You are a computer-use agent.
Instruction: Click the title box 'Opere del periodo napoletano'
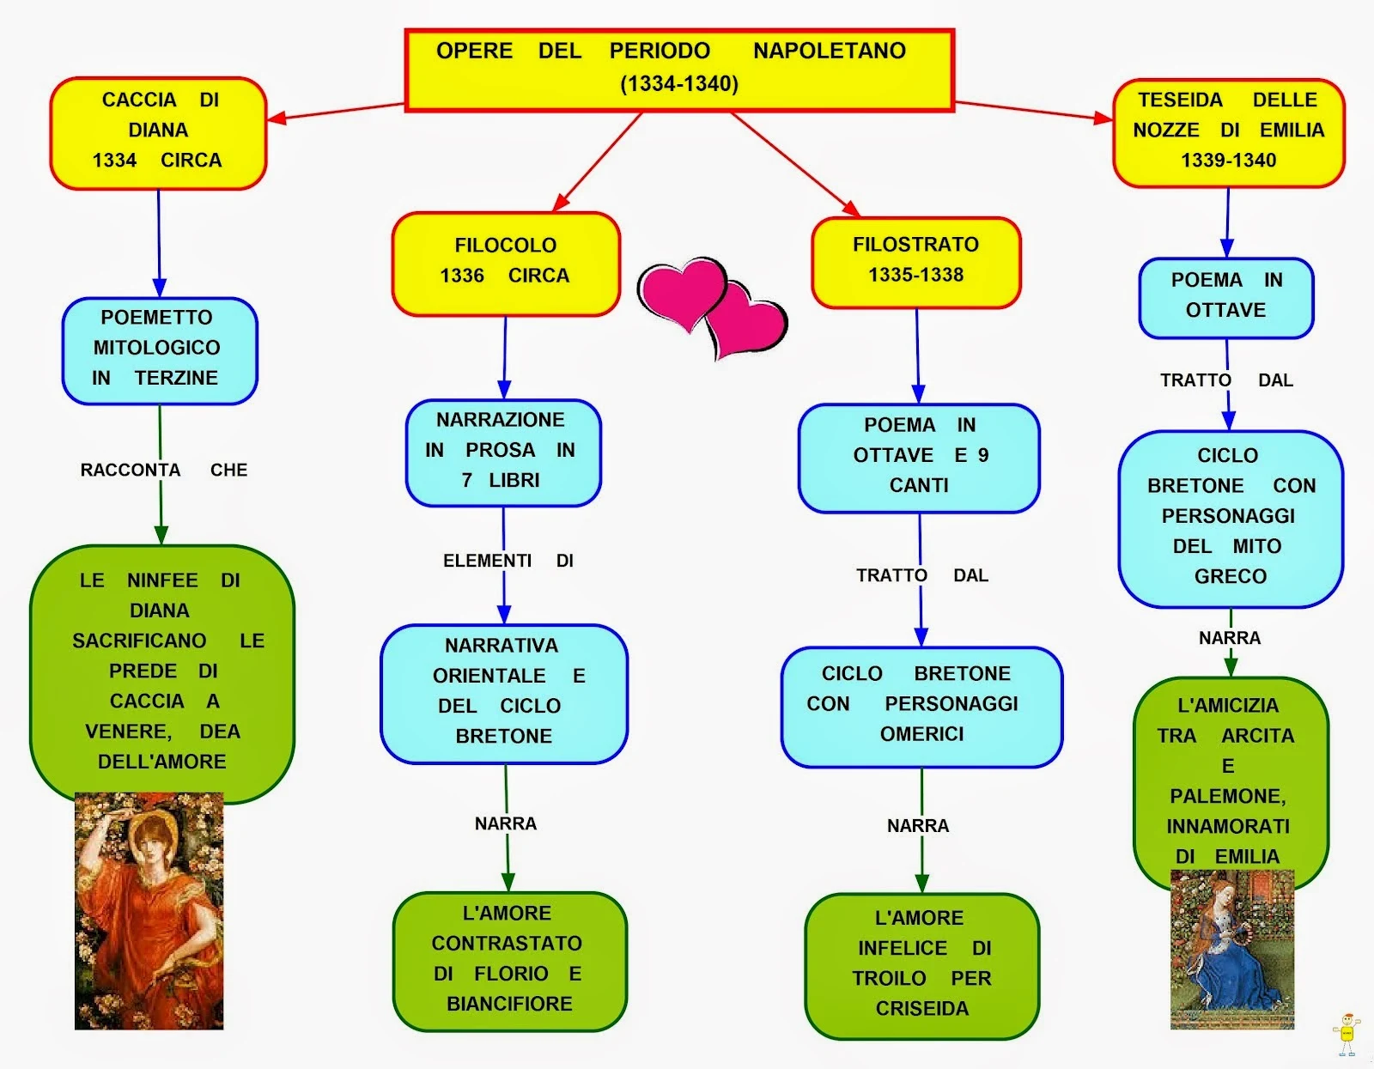tap(680, 70)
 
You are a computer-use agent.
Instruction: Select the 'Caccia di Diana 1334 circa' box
tap(158, 133)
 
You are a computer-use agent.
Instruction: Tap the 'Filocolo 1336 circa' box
tap(506, 264)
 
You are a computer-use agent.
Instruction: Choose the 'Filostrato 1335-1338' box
tap(916, 263)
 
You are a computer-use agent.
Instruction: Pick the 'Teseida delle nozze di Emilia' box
tap(1229, 133)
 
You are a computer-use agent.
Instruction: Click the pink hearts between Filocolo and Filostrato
tap(714, 308)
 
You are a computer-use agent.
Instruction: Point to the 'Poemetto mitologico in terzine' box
tap(160, 351)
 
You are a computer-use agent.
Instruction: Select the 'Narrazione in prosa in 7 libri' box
tap(503, 453)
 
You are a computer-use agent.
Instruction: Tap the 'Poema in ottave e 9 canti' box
tap(920, 459)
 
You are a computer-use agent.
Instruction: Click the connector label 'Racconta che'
tap(164, 470)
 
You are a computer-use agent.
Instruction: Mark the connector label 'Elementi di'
tap(508, 560)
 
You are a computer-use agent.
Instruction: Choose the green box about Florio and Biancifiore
tap(509, 961)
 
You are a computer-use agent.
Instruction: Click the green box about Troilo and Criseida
tap(922, 966)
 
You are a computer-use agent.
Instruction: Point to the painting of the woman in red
tap(149, 911)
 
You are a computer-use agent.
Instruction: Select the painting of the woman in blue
tap(1232, 950)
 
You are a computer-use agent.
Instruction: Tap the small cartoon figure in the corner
tap(1347, 1035)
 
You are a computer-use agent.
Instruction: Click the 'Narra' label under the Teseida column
tap(1230, 638)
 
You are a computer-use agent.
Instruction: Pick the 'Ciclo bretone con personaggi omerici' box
tap(922, 707)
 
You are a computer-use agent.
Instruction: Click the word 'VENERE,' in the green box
tap(128, 732)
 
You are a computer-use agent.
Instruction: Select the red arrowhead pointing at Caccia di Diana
tap(277, 118)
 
